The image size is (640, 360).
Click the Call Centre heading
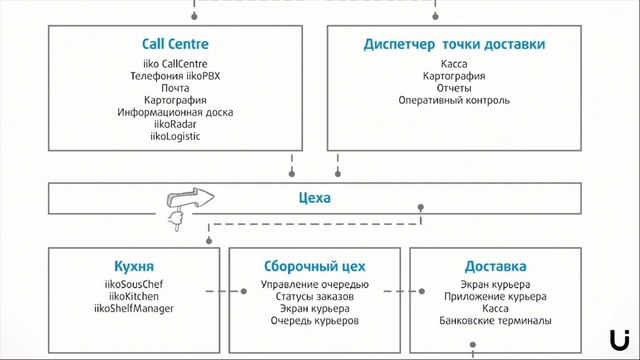(x=175, y=44)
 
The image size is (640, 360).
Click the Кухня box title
(x=134, y=267)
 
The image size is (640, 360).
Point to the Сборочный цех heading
(x=314, y=267)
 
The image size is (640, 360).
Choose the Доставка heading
(x=495, y=267)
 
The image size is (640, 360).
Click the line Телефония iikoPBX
(x=175, y=76)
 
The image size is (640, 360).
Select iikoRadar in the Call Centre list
(x=175, y=124)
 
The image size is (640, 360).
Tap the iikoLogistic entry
(x=175, y=136)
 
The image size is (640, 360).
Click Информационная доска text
(x=175, y=112)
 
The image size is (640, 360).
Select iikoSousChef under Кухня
(x=134, y=285)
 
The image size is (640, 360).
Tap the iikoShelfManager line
(x=134, y=309)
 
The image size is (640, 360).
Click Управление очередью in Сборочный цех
(x=314, y=285)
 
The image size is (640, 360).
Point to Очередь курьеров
(x=314, y=321)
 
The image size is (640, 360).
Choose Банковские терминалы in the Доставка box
(x=495, y=321)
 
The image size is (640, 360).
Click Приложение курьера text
(x=495, y=297)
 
